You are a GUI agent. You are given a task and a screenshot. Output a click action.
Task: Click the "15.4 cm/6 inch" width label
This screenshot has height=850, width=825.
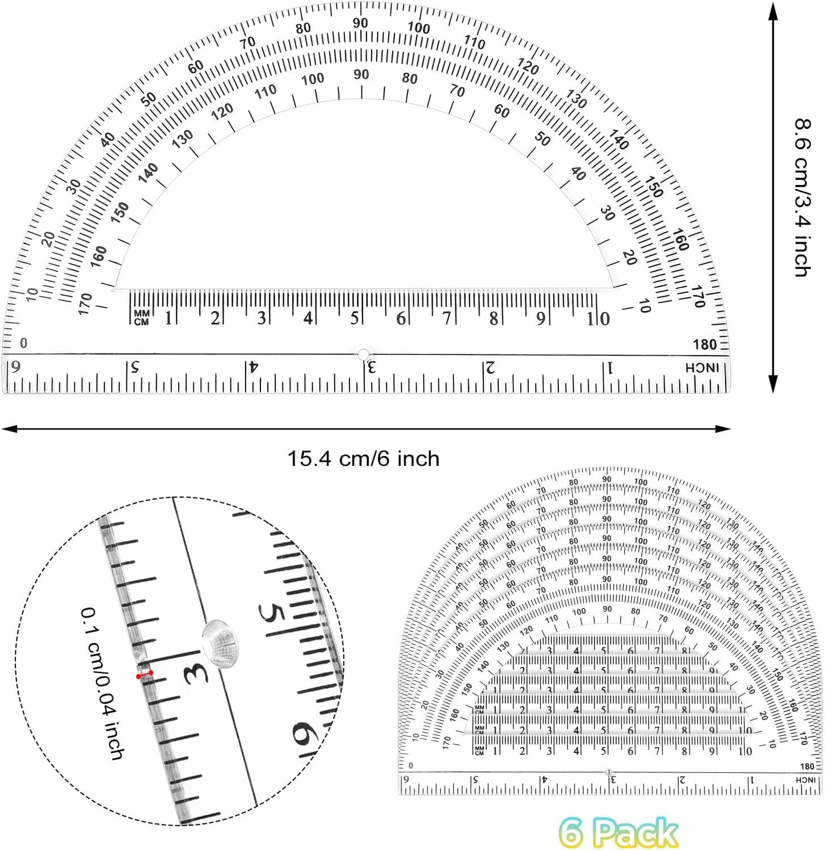[363, 459]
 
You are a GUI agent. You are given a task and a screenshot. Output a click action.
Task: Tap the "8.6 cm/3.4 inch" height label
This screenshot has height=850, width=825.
[803, 197]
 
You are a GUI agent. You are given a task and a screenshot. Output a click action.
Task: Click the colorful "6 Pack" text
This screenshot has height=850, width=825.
[618, 832]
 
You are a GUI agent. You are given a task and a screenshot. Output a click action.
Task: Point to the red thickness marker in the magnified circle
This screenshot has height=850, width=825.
[144, 675]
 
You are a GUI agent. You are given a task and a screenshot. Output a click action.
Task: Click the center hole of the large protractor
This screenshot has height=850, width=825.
[363, 354]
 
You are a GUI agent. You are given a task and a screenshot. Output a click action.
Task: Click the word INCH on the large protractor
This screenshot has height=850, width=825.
[702, 368]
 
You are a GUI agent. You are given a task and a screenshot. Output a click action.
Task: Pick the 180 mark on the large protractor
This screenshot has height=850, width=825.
[705, 344]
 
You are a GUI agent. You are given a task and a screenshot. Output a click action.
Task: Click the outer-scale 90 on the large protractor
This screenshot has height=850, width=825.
[360, 23]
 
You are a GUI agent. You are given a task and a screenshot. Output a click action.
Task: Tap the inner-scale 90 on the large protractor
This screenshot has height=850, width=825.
[361, 74]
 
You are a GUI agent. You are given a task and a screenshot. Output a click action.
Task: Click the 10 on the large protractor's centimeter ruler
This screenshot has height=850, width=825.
[598, 319]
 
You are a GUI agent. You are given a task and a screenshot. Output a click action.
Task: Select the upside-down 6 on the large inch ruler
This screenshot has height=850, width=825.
[16, 366]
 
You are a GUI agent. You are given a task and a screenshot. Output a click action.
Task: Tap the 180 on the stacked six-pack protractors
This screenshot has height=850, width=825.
[807, 766]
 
